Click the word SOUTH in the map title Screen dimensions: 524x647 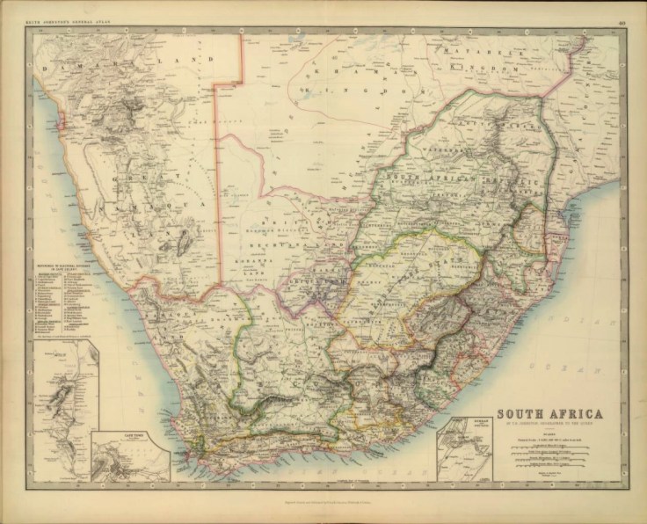(x=527, y=413)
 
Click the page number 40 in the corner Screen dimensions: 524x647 (x=622, y=11)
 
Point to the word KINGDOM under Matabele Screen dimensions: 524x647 (x=488, y=67)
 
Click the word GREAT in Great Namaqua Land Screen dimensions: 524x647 (x=138, y=175)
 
